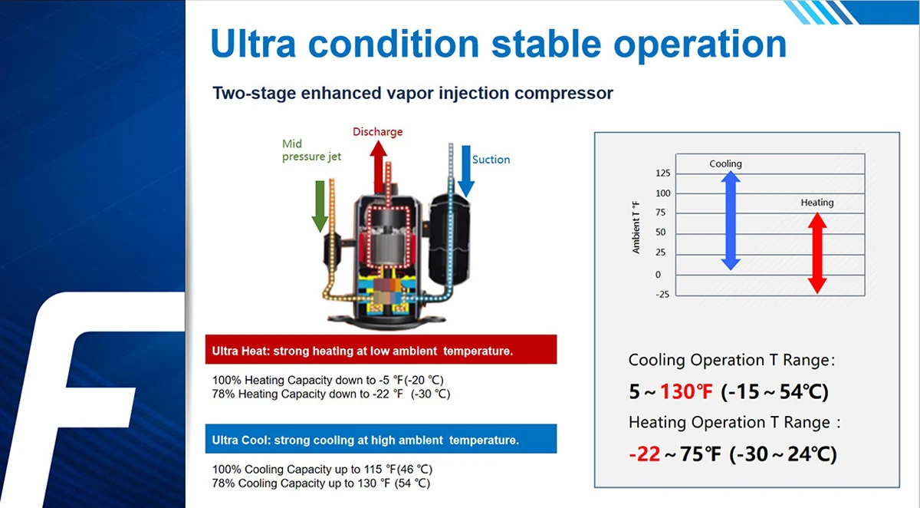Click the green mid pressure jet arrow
click(x=320, y=206)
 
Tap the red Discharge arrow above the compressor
click(x=378, y=167)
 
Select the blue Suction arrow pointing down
click(x=466, y=171)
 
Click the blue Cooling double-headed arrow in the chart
click(x=731, y=221)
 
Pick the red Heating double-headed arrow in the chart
click(x=817, y=253)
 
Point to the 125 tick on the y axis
click(x=663, y=173)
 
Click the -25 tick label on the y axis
click(x=662, y=294)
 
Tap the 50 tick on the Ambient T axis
click(x=660, y=233)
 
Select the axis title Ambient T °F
click(x=636, y=227)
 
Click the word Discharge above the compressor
click(x=377, y=132)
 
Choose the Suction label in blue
click(x=491, y=160)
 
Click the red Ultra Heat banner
click(x=381, y=350)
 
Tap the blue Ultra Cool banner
click(x=381, y=438)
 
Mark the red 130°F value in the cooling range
click(x=686, y=391)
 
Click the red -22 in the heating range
click(x=645, y=454)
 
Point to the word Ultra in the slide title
click(x=253, y=44)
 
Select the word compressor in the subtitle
click(x=563, y=94)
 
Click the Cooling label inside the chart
click(x=725, y=163)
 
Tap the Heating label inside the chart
click(x=817, y=203)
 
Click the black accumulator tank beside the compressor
click(x=449, y=239)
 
